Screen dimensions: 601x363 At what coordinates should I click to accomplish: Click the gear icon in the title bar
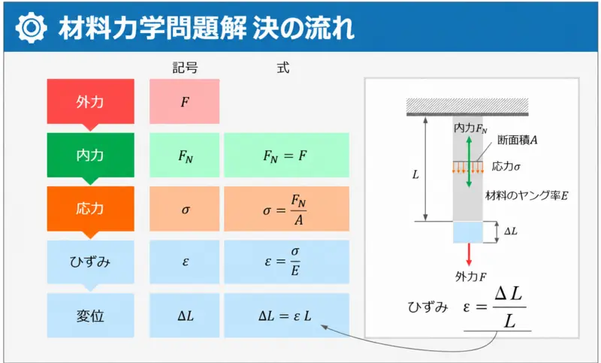[x=31, y=28]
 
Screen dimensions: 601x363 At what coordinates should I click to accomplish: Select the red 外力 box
[x=90, y=102]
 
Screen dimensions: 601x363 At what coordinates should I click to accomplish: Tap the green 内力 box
[x=90, y=156]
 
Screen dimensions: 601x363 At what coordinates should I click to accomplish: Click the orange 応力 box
[x=90, y=209]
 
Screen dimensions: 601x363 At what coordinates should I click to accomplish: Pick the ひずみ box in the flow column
[x=90, y=262]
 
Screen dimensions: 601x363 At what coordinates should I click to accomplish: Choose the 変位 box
[x=90, y=316]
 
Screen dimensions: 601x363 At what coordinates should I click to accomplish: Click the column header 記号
[x=185, y=68]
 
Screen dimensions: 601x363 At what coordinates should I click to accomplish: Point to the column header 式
[x=283, y=68]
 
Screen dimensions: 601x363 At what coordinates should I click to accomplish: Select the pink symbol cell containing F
[x=184, y=101]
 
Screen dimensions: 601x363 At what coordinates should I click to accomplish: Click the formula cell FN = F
[x=287, y=156]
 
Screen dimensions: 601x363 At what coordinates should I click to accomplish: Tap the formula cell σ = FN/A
[x=287, y=209]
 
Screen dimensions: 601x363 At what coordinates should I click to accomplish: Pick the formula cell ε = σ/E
[x=287, y=262]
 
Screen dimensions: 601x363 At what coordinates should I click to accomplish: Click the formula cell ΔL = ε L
[x=287, y=316]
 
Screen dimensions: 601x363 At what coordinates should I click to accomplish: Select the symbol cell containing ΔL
[x=184, y=316]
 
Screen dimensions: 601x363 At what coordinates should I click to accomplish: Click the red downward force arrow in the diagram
[x=468, y=255]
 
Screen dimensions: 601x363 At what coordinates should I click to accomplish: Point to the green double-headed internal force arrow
[x=469, y=162]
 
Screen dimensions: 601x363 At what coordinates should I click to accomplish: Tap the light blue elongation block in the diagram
[x=467, y=232]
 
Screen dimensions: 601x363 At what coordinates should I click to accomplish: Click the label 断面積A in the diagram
[x=518, y=141]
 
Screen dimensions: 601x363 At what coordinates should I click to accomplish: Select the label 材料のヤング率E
[x=527, y=195]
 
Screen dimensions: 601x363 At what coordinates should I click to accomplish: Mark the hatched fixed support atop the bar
[x=467, y=107]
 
